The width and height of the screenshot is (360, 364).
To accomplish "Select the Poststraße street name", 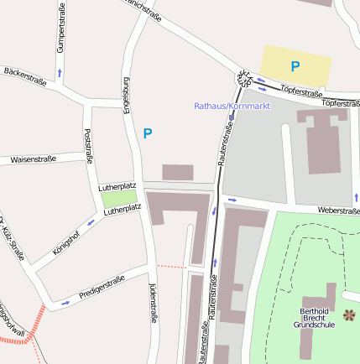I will pos(89,146).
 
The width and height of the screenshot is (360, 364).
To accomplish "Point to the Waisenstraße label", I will pos(32,159).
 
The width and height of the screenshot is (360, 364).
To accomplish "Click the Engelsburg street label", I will pos(127,95).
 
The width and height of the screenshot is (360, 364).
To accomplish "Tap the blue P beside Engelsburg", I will pos(148,133).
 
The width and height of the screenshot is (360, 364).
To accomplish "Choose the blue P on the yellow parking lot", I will pos(295,65).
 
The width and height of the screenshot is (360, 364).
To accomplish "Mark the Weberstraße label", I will pos(337,211).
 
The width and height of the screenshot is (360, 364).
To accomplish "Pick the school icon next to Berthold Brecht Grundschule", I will pos(349,315).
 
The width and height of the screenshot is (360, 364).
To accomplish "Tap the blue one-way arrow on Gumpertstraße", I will pos(60,73).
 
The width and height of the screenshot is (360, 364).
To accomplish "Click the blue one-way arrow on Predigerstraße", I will pos(65,302).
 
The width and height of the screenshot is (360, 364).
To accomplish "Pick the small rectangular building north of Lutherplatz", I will pos(177,172).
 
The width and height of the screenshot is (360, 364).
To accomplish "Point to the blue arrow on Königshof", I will pos(91,223).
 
